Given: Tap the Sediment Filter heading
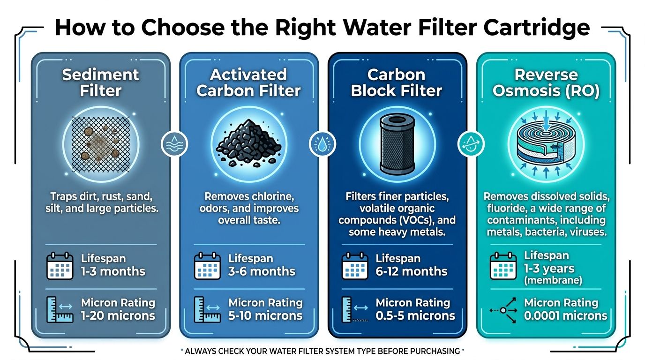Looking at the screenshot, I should (x=100, y=82).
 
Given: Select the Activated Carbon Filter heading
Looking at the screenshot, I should (x=248, y=82).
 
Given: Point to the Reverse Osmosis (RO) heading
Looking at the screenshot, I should (x=546, y=82).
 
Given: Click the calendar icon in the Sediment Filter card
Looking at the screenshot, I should (x=60, y=266).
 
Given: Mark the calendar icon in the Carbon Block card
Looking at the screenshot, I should (x=355, y=266).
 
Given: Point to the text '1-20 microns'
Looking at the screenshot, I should (x=118, y=315).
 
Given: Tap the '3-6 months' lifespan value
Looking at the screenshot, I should (x=262, y=271).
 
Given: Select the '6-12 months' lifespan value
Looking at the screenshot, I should (x=412, y=271).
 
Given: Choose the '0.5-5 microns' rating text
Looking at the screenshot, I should (x=415, y=315).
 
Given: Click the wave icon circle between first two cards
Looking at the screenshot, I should (x=174, y=144).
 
